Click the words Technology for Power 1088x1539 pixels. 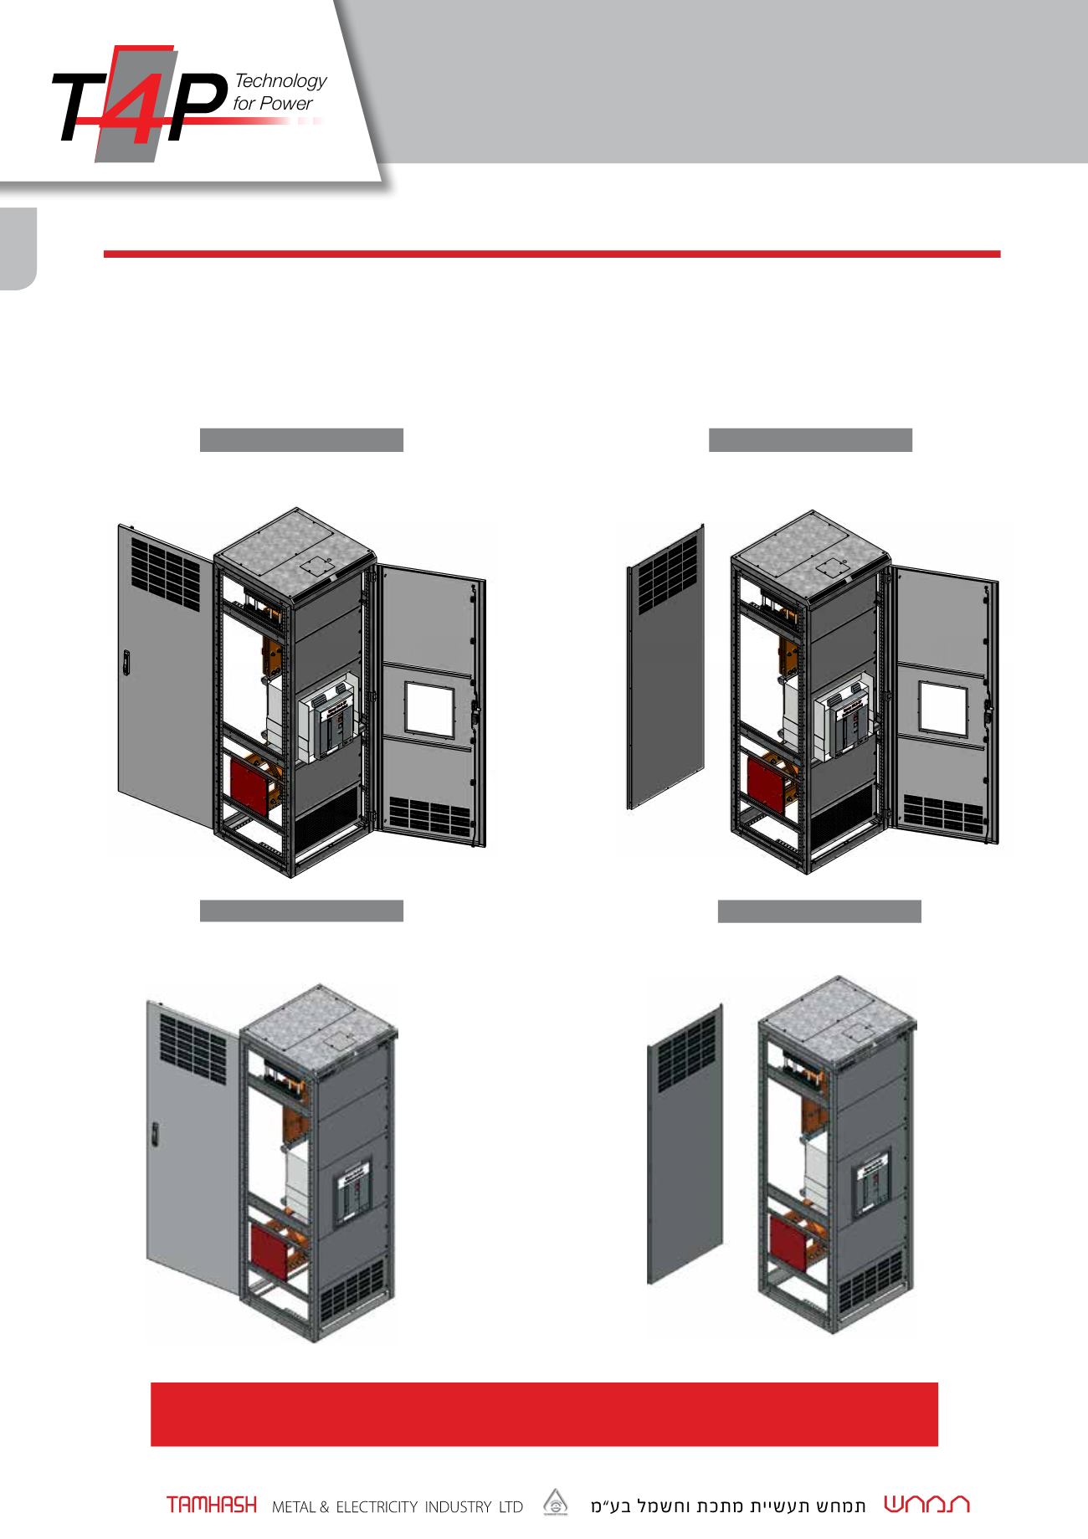[280, 92]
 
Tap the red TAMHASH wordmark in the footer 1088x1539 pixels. [212, 1506]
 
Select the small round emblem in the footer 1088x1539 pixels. [554, 1503]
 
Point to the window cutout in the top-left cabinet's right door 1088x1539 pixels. [429, 711]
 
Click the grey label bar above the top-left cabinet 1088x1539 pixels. [301, 440]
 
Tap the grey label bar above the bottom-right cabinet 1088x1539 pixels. [820, 911]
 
